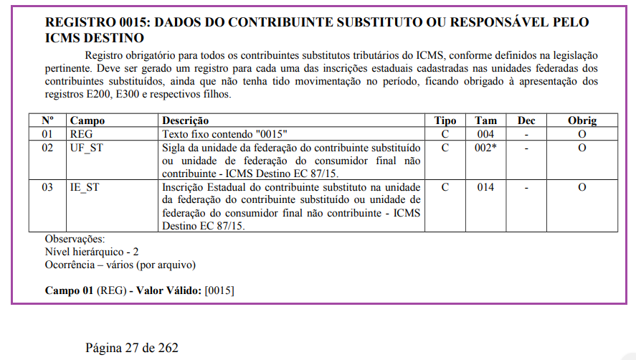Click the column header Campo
coord(87,120)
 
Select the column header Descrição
coord(186,120)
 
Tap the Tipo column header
coord(446,120)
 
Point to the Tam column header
coord(485,120)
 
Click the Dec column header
coord(526,120)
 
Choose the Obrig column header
coord(582,120)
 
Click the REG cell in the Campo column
coord(81,134)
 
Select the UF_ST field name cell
coord(87,148)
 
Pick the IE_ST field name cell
coord(85,187)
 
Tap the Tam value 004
coord(485,134)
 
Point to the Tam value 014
coord(485,187)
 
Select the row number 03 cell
coord(47,187)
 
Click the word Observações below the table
coord(75,239)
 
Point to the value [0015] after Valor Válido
coord(219,290)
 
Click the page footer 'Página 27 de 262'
coord(132,349)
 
